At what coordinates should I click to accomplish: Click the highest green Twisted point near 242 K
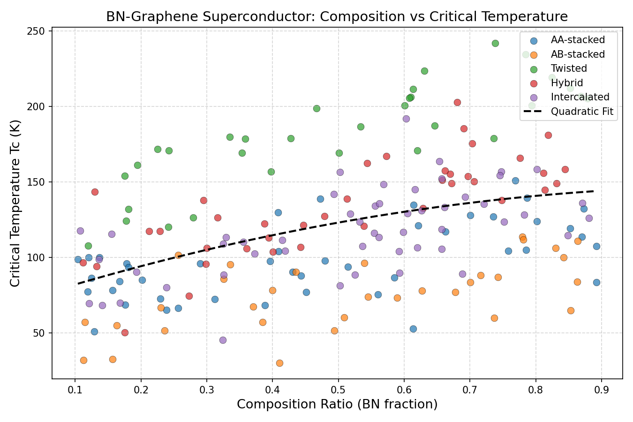[x=495, y=43]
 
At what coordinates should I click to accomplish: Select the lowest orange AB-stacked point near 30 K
[x=279, y=363]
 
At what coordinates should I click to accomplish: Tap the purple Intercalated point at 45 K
[x=223, y=340]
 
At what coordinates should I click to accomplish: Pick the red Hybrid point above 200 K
[x=457, y=102]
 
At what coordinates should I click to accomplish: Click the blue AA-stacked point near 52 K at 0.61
[x=413, y=329]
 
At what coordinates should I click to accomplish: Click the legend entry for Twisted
[x=569, y=68]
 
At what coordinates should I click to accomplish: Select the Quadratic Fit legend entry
[x=582, y=112]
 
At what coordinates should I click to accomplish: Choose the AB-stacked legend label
[x=578, y=54]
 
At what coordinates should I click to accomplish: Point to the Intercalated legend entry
[x=580, y=97]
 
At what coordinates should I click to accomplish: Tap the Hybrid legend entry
[x=567, y=83]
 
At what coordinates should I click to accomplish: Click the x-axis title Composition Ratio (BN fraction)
[x=337, y=404]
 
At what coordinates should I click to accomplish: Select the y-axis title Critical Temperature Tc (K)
[x=15, y=203]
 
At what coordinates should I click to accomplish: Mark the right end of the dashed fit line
[x=594, y=191]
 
